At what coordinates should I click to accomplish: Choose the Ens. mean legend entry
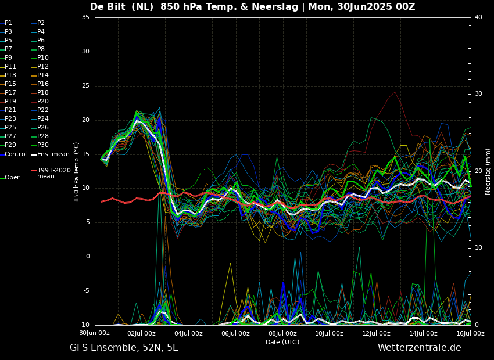coord(53,154)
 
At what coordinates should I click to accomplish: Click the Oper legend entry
coord(12,177)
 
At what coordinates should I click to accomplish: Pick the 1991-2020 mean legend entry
coord(53,173)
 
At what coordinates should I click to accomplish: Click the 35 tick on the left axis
coord(85,17)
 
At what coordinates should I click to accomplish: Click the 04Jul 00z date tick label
coord(188,333)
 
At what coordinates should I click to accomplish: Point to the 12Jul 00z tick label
coord(376,333)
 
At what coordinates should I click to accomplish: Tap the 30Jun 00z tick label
coord(95,333)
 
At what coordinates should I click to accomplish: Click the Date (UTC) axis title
coord(282,342)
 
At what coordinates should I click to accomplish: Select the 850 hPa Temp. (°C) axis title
coord(77,171)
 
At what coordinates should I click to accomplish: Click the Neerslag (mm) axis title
coord(488,171)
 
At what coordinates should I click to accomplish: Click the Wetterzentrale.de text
coord(419,348)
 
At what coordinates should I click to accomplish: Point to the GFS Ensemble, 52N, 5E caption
coord(124,348)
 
